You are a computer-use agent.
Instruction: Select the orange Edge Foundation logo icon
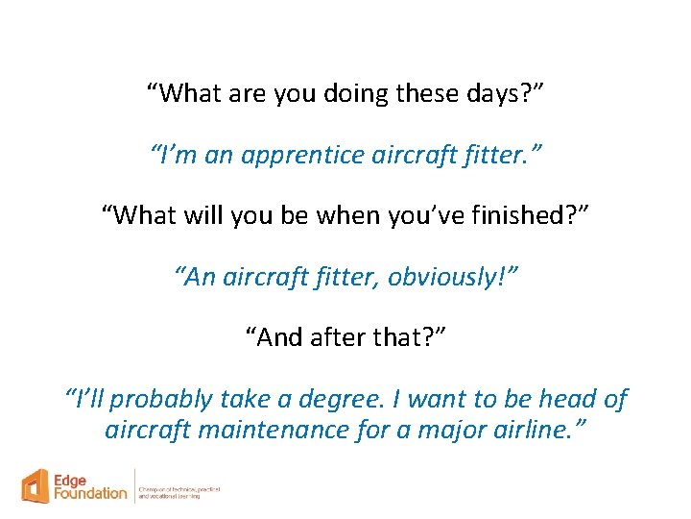click(x=37, y=486)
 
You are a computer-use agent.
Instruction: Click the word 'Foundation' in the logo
click(x=91, y=494)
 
